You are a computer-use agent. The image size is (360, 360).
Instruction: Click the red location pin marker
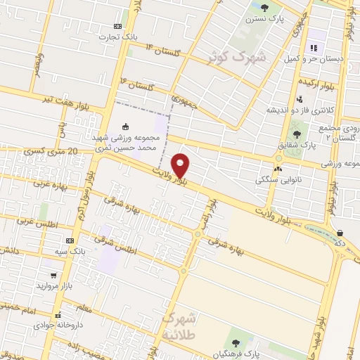pos(181,166)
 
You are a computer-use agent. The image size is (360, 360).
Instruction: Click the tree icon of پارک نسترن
pos(264,8)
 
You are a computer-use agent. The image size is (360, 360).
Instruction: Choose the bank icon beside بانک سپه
pos(70,239)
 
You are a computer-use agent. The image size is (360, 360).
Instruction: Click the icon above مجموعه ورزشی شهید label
pos(125,127)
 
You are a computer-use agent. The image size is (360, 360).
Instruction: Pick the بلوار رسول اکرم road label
pos(89,197)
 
